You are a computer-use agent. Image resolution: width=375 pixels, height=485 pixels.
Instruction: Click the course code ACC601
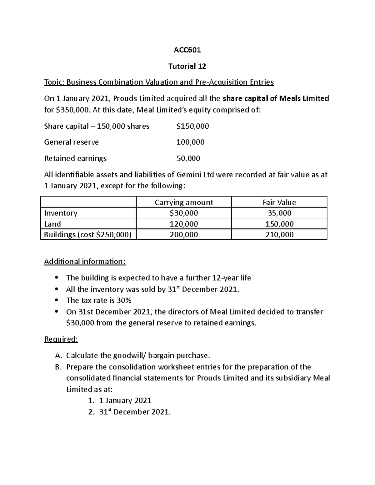(x=187, y=50)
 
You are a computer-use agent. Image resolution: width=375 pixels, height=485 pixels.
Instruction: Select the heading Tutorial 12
(x=187, y=66)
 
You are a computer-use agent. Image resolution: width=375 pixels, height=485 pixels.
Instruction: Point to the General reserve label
(x=71, y=142)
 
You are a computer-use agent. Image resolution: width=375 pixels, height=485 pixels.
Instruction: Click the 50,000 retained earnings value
(x=188, y=158)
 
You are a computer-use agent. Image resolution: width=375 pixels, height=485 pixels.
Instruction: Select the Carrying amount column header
(x=184, y=202)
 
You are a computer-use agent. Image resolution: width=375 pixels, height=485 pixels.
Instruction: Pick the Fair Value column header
(x=279, y=202)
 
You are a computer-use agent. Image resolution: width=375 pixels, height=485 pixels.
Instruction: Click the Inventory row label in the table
(x=61, y=213)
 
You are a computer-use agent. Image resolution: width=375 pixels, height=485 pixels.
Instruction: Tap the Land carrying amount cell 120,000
(x=184, y=224)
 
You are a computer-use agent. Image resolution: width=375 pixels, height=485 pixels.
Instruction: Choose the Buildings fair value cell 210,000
(x=279, y=235)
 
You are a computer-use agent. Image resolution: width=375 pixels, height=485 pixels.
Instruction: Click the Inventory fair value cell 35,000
(x=279, y=213)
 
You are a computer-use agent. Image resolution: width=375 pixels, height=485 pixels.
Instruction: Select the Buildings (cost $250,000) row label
(x=88, y=235)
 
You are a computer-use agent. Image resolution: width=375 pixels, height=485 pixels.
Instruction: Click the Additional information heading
(x=85, y=261)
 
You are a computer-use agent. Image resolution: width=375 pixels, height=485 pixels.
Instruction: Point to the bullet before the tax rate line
(x=56, y=300)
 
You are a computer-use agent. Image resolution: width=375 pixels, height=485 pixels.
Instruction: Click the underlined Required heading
(x=61, y=339)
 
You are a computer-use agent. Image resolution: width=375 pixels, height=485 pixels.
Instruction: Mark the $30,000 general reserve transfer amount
(x=80, y=323)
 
